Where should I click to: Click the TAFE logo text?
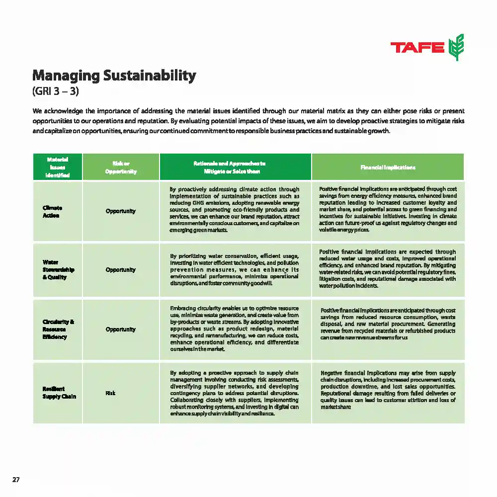pyautogui.click(x=417, y=48)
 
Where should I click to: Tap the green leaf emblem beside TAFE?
pyautogui.click(x=456, y=47)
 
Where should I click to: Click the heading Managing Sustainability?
pyautogui.click(x=114, y=76)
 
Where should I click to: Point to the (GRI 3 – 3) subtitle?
pyautogui.click(x=56, y=92)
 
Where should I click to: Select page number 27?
pyautogui.click(x=16, y=480)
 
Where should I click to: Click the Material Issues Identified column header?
pyautogui.click(x=58, y=167)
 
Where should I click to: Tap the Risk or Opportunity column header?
pyautogui.click(x=121, y=167)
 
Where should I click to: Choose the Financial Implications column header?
pyautogui.click(x=388, y=167)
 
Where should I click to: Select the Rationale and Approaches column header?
pyautogui.click(x=235, y=167)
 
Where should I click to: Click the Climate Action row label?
pyautogui.click(x=53, y=211)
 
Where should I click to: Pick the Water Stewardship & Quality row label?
pyautogui.click(x=58, y=269)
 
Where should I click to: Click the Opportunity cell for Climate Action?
pyautogui.click(x=120, y=211)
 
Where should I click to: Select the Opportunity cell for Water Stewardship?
pyautogui.click(x=120, y=270)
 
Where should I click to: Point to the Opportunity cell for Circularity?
pyautogui.click(x=120, y=330)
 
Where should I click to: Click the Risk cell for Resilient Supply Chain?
pyautogui.click(x=110, y=393)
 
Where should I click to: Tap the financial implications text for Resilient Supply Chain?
pyautogui.click(x=388, y=390)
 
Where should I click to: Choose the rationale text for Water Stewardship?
pyautogui.click(x=234, y=269)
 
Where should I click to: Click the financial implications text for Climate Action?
pyautogui.click(x=388, y=209)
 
